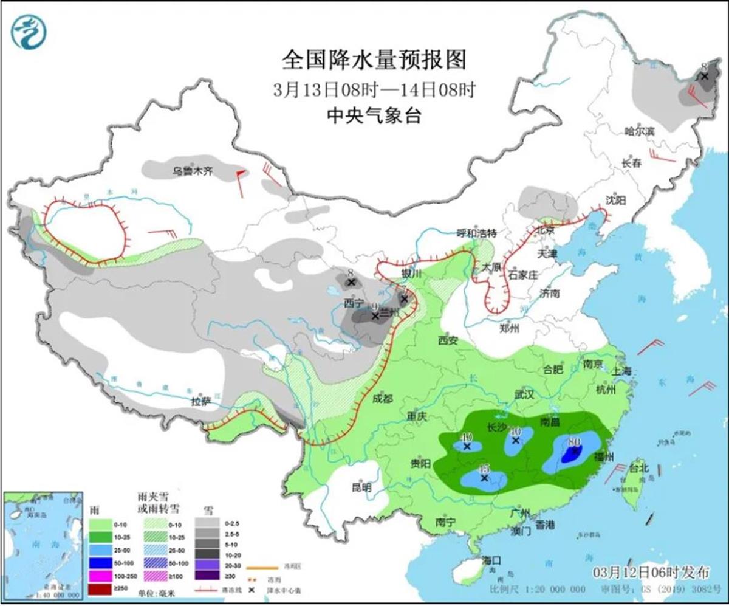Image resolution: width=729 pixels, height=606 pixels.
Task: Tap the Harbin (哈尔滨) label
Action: (x=640, y=131)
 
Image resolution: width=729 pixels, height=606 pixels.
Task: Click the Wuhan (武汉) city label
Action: (x=524, y=394)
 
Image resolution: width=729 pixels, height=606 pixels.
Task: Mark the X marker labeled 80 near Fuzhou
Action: (x=573, y=452)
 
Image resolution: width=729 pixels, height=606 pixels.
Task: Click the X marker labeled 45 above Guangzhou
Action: (x=484, y=478)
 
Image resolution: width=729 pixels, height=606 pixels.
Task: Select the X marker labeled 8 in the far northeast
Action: (x=705, y=76)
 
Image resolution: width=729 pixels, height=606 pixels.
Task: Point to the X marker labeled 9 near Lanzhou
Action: (x=375, y=316)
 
